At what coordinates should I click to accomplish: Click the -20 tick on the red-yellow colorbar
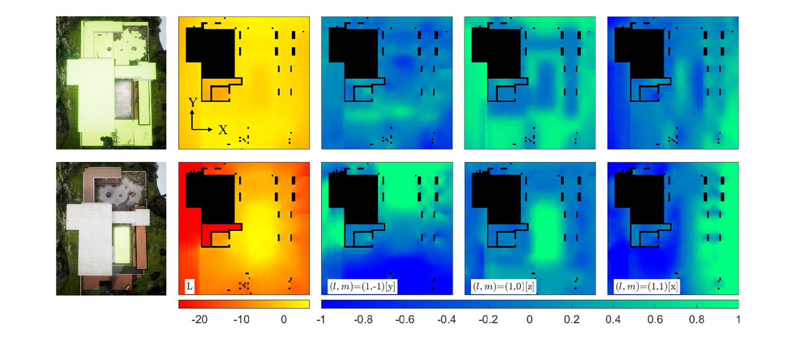[x=199, y=319]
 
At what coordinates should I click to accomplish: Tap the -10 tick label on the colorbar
[x=241, y=319]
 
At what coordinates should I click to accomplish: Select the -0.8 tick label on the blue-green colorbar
[x=363, y=319]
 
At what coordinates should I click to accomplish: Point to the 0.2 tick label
[x=572, y=319]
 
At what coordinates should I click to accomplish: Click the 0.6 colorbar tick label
[x=655, y=319]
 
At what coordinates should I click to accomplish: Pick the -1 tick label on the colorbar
[x=320, y=319]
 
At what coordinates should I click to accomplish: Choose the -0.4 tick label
[x=447, y=319]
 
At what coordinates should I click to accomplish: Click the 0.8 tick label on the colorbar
[x=697, y=319]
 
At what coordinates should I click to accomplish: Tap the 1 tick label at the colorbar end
[x=738, y=319]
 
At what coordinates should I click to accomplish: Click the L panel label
[x=189, y=286]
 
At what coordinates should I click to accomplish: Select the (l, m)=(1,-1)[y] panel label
[x=362, y=286]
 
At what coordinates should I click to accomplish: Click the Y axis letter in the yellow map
[x=193, y=102]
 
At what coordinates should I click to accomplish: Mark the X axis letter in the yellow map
[x=223, y=130]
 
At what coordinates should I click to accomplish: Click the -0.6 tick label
[x=405, y=319]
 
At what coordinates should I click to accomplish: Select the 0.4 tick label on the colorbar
[x=613, y=319]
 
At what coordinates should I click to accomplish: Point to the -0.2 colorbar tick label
[x=488, y=319]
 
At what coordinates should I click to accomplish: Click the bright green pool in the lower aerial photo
[x=122, y=245]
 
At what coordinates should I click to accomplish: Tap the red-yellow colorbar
[x=244, y=304]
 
